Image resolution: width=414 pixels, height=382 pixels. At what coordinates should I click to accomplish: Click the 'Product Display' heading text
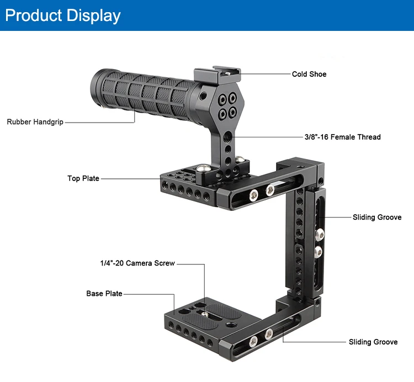[x=62, y=15]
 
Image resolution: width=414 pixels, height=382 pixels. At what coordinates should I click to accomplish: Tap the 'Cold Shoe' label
[x=309, y=74]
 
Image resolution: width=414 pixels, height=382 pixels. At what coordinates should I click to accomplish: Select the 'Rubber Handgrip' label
[x=35, y=121]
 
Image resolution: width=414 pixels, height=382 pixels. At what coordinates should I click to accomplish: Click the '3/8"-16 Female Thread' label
[x=342, y=137]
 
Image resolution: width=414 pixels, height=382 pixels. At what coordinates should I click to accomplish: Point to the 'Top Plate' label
[x=83, y=178]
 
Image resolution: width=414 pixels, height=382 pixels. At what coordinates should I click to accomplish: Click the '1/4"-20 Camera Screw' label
[x=134, y=263]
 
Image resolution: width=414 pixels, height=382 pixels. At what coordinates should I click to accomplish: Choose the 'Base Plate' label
[x=104, y=294]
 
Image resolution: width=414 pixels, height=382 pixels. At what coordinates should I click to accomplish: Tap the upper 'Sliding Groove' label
[x=377, y=217]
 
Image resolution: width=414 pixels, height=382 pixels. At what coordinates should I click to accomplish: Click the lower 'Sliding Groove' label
[x=373, y=342]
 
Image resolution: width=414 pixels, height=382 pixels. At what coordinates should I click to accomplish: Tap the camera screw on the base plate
[x=205, y=314]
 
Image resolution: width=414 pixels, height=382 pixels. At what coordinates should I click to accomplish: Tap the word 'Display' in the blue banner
[x=93, y=15]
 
